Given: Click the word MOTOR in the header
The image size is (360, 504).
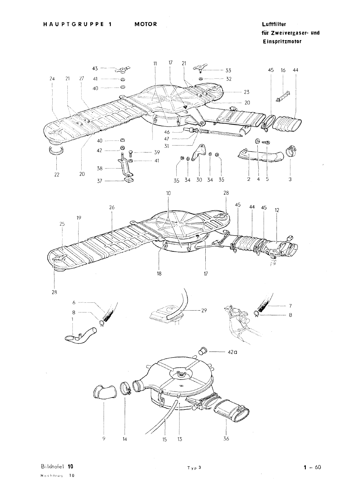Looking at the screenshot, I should pos(146,25).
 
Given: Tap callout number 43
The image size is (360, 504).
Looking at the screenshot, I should pos(95,68).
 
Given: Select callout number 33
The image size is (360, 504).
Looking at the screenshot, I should pos(228,71).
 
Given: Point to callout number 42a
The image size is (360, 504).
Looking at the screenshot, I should pos(232,352).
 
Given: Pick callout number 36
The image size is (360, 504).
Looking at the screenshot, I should pos(226,438).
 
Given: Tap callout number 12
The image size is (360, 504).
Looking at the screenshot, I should pos(277,210).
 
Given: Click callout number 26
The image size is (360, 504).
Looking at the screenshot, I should pos(112,207).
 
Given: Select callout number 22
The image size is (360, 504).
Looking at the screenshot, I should pos(57,174).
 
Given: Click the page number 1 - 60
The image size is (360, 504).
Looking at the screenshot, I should pos(312,467).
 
